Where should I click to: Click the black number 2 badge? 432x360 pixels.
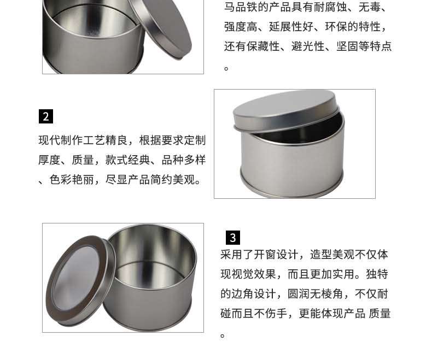(46, 116)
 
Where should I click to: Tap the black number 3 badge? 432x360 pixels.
(233, 238)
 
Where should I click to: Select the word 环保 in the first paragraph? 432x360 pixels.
(336, 27)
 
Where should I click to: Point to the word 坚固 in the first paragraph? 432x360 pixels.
(347, 46)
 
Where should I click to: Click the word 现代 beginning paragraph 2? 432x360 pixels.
(50, 140)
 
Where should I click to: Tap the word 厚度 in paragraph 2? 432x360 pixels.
(50, 160)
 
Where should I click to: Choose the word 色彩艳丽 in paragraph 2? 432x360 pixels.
(72, 180)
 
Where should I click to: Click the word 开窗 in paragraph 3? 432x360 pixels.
(265, 255)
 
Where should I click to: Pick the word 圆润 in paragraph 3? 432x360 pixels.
(299, 294)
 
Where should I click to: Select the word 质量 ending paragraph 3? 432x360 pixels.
(380, 314)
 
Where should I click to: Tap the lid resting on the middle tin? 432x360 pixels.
(285, 110)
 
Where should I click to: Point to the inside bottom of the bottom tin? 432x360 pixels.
(150, 274)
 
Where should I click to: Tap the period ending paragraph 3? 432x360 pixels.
(223, 336)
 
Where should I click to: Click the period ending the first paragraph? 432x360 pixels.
(226, 68)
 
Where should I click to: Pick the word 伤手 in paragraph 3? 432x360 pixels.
(276, 314)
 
